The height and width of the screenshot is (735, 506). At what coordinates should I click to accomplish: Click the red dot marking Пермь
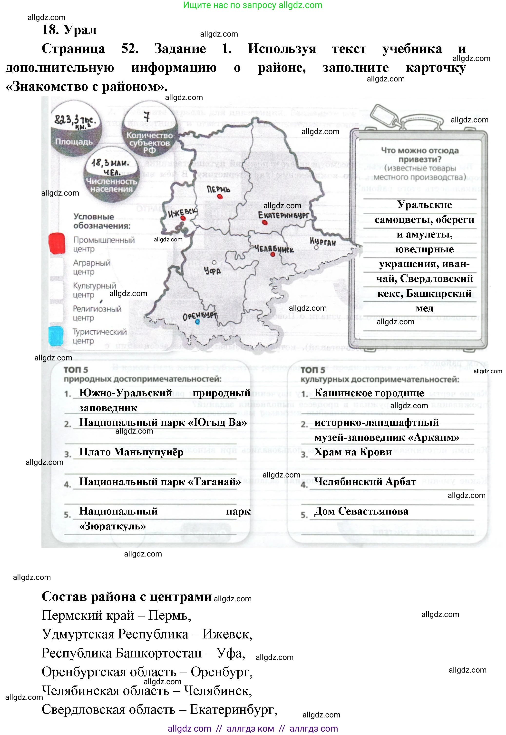coord(220,197)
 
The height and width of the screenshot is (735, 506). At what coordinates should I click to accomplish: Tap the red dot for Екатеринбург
coord(265,223)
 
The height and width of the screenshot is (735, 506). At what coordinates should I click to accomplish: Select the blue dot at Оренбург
coord(197,322)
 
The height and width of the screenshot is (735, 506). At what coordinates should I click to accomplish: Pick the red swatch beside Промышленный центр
coord(57,244)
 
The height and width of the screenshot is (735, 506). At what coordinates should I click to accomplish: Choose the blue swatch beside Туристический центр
coord(56,336)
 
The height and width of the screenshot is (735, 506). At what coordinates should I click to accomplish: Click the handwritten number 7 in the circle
coord(146,117)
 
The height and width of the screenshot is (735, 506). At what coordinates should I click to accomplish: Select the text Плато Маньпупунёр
coord(131,452)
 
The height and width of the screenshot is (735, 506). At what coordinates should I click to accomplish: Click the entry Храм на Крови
coord(353,452)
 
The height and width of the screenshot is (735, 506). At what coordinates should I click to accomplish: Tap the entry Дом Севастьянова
coord(361,511)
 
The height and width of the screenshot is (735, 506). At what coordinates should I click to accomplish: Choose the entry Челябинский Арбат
coord(365,482)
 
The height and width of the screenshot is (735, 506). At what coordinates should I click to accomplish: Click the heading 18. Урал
coord(69,30)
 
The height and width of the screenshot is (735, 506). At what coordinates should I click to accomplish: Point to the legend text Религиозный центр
coord(97,313)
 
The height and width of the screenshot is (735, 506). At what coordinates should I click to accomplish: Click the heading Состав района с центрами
coord(127,596)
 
